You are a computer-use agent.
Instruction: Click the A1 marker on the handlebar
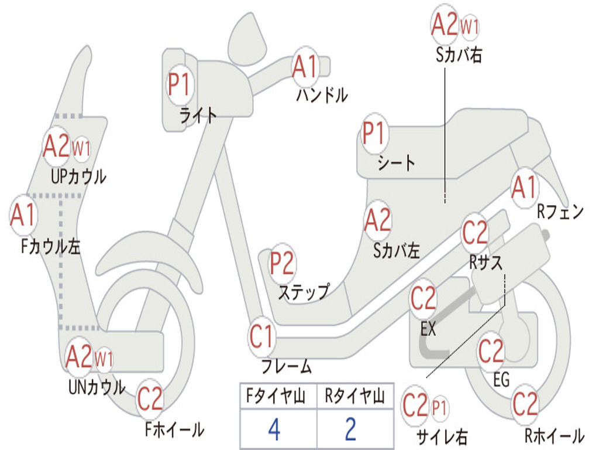coord(305,67)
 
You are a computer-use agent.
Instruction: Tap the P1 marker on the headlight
coord(180,84)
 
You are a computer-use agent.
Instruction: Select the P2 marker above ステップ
coord(283,263)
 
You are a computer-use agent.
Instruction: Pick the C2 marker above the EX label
coord(423,299)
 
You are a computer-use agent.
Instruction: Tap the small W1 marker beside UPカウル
coord(81,148)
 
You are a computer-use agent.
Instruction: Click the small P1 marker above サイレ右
coord(439,408)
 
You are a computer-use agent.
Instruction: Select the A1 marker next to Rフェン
coord(525,187)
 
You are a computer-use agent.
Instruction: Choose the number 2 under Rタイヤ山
coord(351,429)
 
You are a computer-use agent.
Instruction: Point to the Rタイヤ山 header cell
coord(355,396)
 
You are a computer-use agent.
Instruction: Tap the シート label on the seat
coord(396,163)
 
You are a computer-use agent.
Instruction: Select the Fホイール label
coord(174,429)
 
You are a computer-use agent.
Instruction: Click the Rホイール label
coord(555,435)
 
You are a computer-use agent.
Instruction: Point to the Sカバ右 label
coord(459,55)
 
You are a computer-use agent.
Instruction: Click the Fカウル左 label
coord(51,247)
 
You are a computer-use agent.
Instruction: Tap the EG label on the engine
coord(501,380)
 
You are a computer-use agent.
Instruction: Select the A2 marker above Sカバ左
coord(378,220)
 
